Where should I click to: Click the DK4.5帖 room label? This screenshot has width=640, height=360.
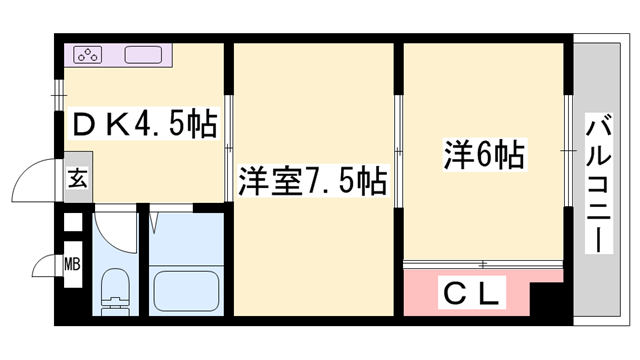point(143,125)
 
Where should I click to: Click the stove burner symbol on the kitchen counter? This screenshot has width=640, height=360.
point(87,55)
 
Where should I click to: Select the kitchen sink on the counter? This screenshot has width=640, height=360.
point(144,55)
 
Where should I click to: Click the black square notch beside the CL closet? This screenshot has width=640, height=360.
point(544,297)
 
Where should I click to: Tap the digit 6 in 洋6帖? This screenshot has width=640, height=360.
point(484,156)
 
